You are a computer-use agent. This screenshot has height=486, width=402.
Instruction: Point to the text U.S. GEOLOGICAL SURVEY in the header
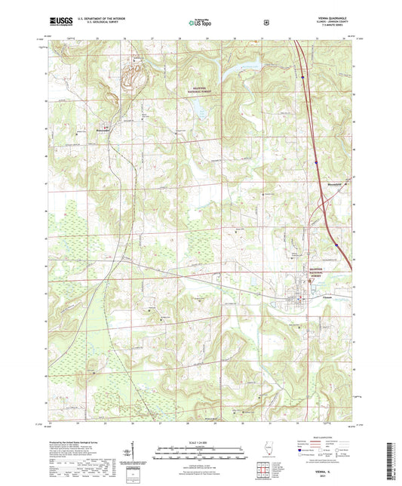point(98,23)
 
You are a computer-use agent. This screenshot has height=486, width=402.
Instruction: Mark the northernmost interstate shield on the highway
point(302,75)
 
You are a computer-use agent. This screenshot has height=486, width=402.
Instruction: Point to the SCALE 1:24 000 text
point(201,442)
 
